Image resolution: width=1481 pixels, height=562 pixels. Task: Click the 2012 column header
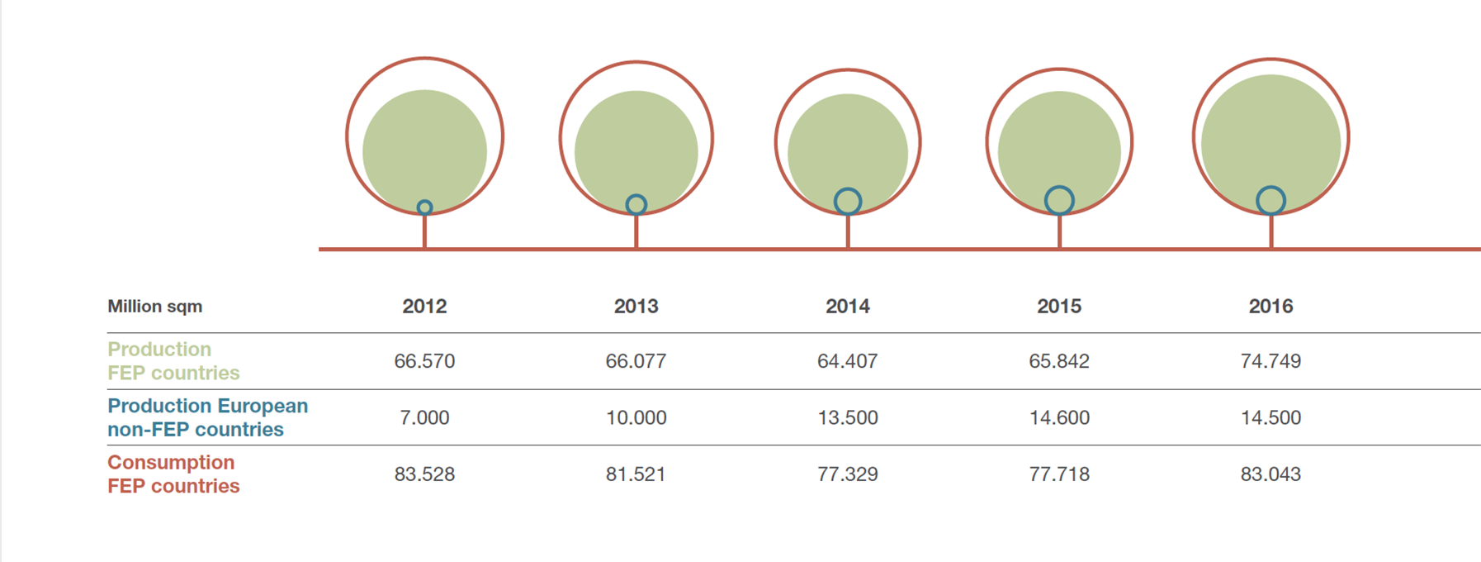[x=424, y=307]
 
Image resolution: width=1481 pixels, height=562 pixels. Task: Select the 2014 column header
[x=847, y=307]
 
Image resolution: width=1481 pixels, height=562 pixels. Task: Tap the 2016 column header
[x=1270, y=307]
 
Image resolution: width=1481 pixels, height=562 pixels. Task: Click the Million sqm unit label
[x=154, y=307]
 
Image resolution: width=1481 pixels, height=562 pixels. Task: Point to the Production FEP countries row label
[x=173, y=361]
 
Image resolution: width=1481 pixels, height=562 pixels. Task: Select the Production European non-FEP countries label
[x=207, y=417]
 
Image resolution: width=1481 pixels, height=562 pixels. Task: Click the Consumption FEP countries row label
[x=173, y=474]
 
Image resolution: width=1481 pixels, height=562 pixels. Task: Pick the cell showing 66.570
[x=424, y=361]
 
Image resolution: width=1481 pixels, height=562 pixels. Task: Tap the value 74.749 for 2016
[x=1270, y=361]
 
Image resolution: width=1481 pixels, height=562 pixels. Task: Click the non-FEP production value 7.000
[x=424, y=417]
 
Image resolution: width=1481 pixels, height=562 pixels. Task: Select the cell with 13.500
[x=847, y=417]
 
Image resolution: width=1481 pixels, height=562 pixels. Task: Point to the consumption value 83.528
[x=424, y=474]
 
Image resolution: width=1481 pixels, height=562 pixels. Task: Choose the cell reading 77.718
[x=1059, y=474]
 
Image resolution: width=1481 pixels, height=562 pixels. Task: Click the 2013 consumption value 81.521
[x=636, y=474]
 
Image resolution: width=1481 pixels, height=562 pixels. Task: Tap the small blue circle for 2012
[x=424, y=207]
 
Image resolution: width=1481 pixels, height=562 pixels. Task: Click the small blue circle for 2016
[x=1270, y=201]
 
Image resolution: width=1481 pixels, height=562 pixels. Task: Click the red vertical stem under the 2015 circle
[x=1059, y=231]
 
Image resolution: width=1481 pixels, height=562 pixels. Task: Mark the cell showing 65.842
[x=1059, y=361]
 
